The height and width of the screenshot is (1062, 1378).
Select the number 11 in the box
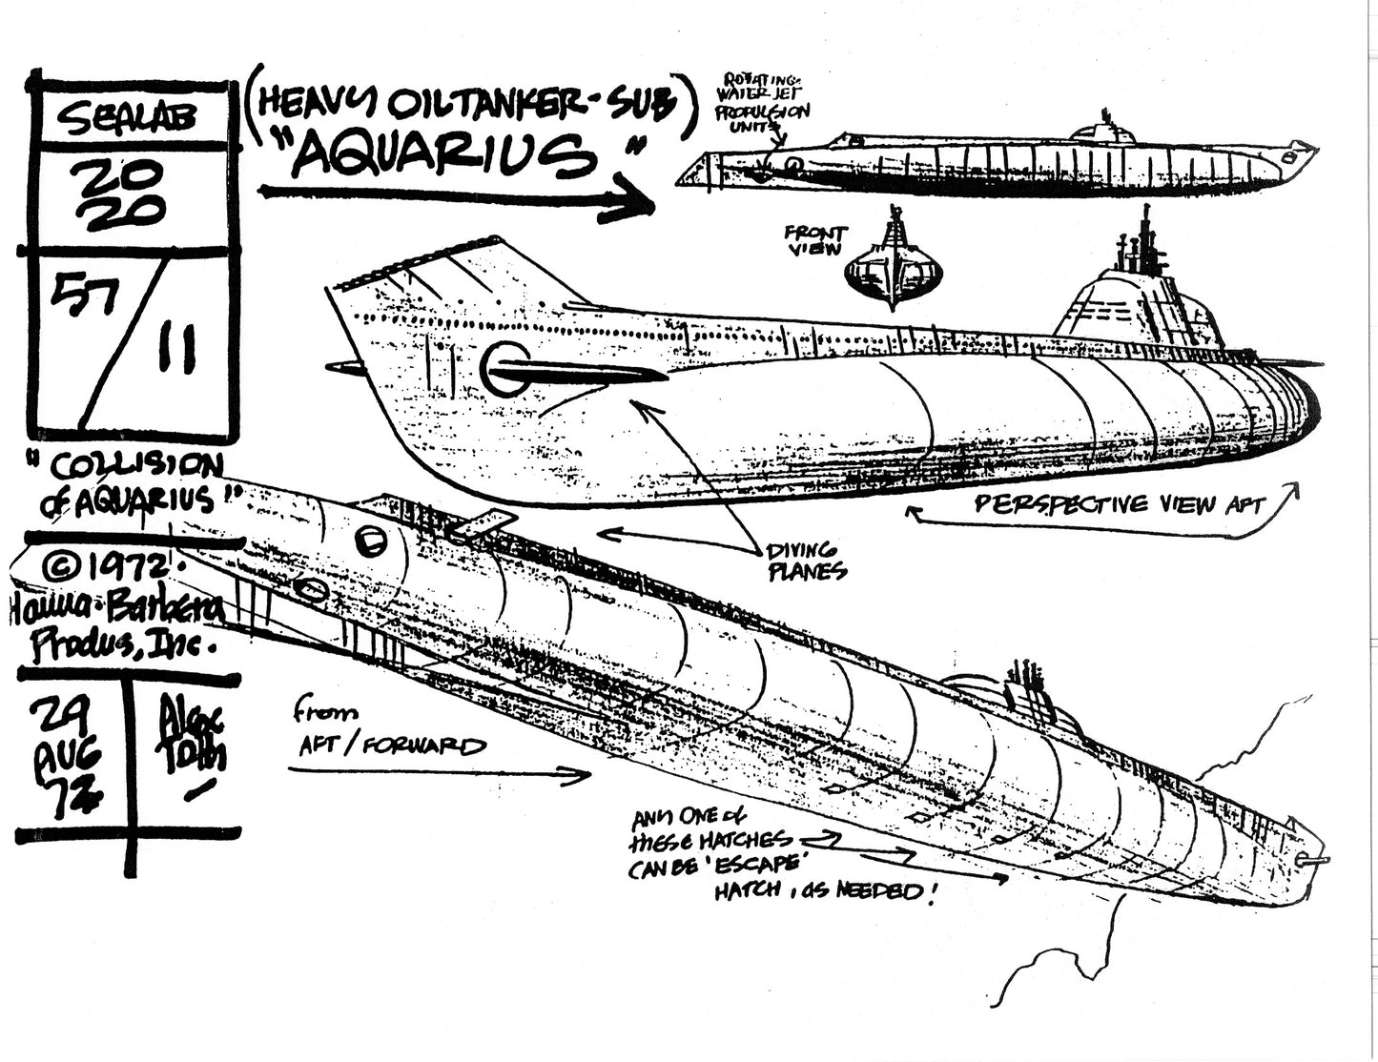click(x=178, y=350)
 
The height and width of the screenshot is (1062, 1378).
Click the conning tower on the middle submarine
click(x=1140, y=296)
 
